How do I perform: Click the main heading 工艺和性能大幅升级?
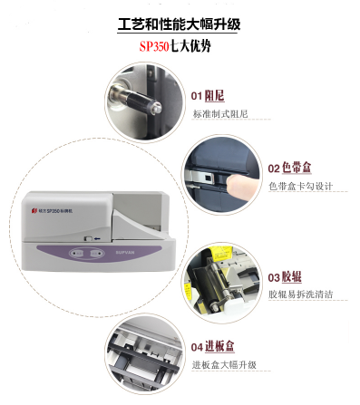point(179,24)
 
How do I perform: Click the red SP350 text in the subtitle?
point(154,46)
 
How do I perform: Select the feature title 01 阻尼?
point(208,96)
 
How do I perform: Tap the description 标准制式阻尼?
point(220,114)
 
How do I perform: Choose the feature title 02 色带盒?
point(289,168)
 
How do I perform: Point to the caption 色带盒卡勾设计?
point(301,187)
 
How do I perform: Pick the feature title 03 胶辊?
point(285,277)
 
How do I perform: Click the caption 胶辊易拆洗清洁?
point(301,294)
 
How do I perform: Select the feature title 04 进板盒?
point(212,346)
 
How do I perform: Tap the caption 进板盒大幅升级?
point(224,364)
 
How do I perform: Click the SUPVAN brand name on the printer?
point(125,252)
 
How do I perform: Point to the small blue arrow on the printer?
point(97,238)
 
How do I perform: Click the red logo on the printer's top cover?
point(34,210)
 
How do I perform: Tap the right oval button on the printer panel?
point(96,253)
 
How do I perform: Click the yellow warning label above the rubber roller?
point(221,254)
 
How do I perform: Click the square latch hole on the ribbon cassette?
point(208,178)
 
